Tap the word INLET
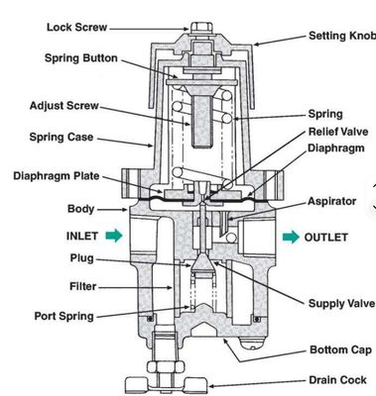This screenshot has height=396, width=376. point(83,237)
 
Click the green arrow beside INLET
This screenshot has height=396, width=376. point(118,237)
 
